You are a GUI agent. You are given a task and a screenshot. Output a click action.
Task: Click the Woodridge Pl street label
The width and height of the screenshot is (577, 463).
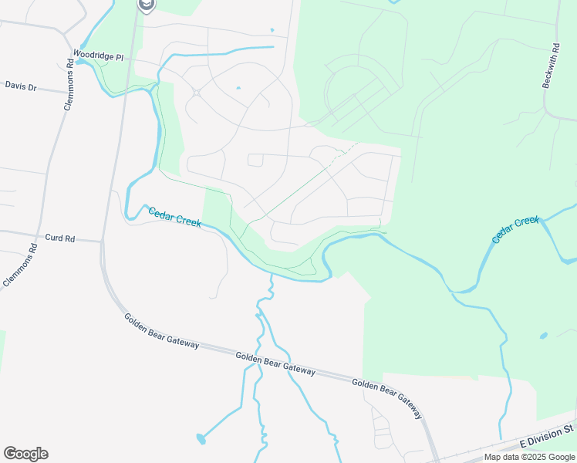tap(98, 56)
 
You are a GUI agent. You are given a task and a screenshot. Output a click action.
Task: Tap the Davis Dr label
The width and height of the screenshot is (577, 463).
tap(21, 86)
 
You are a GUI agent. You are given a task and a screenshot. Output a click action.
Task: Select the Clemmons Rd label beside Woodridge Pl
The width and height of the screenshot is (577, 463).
tap(68, 80)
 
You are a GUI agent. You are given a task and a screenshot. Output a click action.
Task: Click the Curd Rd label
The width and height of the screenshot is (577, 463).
tap(59, 238)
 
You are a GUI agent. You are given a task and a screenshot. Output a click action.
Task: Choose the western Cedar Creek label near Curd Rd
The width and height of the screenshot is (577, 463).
tap(174, 218)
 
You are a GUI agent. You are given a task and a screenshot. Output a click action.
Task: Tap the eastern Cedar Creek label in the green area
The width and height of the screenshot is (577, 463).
tap(516, 231)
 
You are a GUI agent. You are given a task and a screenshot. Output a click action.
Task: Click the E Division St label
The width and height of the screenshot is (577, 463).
tap(548, 436)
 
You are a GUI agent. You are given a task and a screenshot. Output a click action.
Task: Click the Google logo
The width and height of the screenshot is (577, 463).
tap(25, 454)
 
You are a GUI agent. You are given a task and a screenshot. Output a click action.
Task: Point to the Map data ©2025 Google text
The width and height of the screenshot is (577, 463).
tap(530, 458)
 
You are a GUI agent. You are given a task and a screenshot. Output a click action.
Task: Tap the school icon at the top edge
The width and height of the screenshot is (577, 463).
tap(146, 5)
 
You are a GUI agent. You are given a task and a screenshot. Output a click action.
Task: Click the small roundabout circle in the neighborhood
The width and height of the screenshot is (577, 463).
tap(197, 93)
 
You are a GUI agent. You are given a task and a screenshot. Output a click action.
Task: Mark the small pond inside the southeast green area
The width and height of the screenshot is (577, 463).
tap(545, 336)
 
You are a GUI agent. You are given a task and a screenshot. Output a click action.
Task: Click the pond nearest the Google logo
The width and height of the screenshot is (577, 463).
tap(201, 439)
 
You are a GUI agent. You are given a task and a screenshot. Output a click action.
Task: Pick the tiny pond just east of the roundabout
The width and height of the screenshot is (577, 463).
tap(238, 88)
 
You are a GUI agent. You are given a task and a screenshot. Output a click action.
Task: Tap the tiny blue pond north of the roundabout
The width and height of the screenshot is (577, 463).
tap(272, 31)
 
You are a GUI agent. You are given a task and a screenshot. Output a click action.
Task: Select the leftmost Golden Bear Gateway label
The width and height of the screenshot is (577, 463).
tap(161, 330)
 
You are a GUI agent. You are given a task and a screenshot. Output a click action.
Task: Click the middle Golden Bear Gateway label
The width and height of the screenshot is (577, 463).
tap(275, 363)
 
